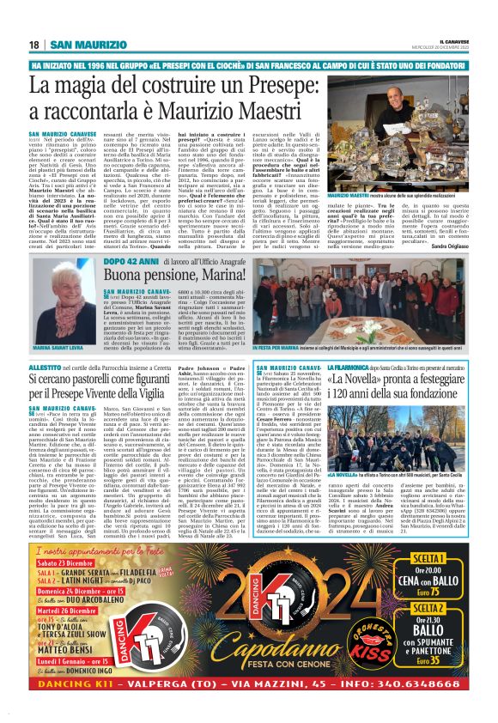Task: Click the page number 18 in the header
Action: point(33,45)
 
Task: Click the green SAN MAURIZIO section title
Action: point(85,45)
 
